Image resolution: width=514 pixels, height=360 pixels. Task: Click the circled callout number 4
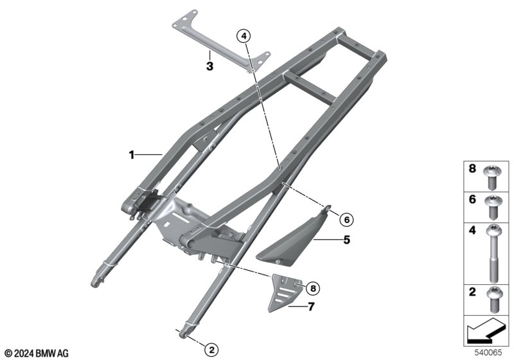pyautogui.click(x=244, y=36)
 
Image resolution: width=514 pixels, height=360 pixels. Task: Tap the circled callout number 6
pyautogui.click(x=346, y=219)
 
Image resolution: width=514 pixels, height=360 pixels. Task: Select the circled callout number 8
pyautogui.click(x=313, y=288)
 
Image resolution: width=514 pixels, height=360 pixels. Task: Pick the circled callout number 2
pyautogui.click(x=211, y=350)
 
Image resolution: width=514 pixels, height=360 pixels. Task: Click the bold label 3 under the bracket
pyautogui.click(x=210, y=66)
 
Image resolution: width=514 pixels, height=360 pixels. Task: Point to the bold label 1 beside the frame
pyautogui.click(x=132, y=155)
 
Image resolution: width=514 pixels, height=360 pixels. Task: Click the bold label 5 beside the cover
pyautogui.click(x=346, y=240)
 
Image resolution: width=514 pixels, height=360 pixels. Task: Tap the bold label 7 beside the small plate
pyautogui.click(x=311, y=307)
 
